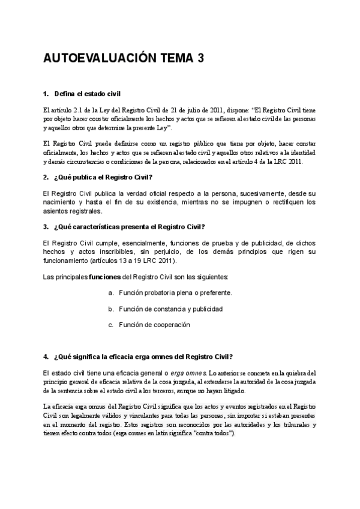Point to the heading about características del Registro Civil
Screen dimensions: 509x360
pos(129,226)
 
